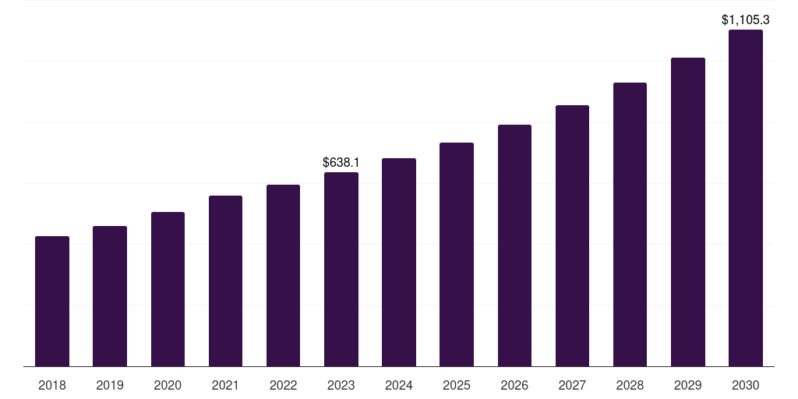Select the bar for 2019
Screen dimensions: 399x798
(x=110, y=296)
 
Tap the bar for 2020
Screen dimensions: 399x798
(x=168, y=289)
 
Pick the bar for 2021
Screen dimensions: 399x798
(x=225, y=281)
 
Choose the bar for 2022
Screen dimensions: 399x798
(x=283, y=275)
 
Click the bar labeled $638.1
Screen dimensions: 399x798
(x=341, y=269)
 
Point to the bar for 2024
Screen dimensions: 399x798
(x=399, y=262)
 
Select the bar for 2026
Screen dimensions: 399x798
(x=514, y=245)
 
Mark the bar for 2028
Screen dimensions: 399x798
(x=630, y=224)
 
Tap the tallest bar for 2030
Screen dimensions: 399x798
(x=746, y=198)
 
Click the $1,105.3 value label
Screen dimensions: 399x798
(x=746, y=19)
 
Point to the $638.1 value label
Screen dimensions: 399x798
(x=341, y=162)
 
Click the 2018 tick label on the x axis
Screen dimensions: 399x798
(x=52, y=385)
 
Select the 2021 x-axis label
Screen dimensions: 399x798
(x=225, y=385)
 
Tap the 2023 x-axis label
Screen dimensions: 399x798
(x=341, y=385)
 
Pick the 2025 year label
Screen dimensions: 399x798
(x=457, y=385)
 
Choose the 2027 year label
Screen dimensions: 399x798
(x=572, y=385)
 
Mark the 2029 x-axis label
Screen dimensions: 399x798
(x=688, y=385)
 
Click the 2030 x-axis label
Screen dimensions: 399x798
(x=746, y=385)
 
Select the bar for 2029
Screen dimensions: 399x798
(x=688, y=212)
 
